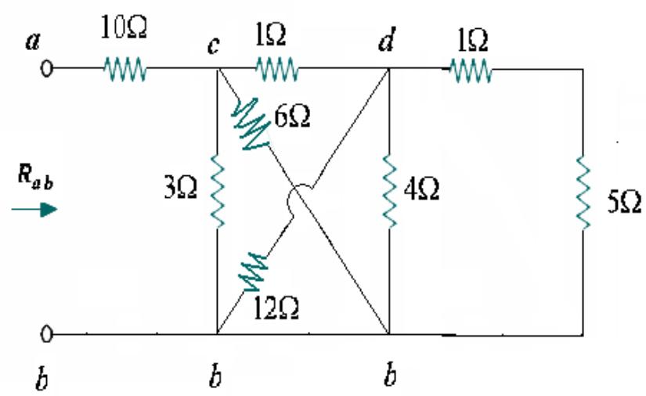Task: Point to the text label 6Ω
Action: click(x=291, y=118)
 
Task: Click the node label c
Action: click(x=213, y=45)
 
